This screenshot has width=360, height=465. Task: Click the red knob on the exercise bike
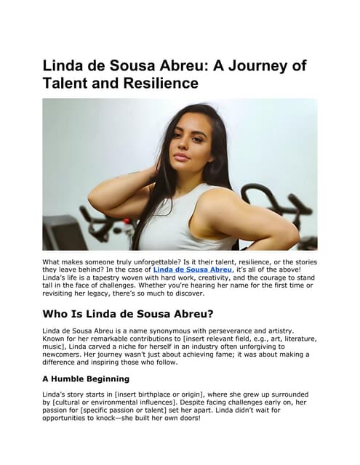pos(126,221)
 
